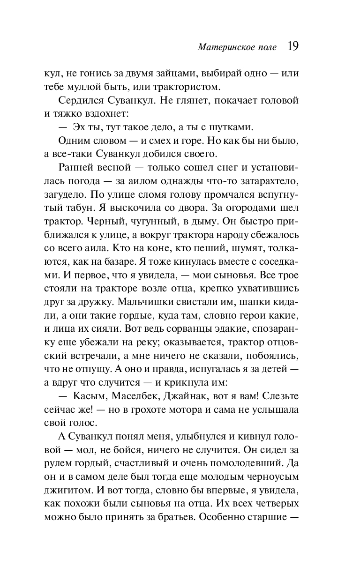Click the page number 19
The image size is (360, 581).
[x=293, y=46]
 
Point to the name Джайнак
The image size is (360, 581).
[x=188, y=396]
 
